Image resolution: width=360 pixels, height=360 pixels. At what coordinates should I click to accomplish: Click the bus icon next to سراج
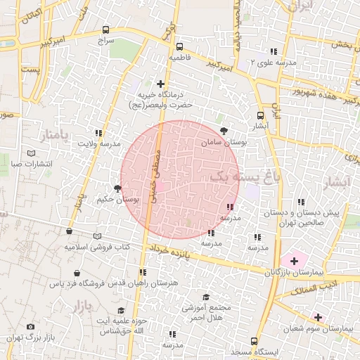(105, 30)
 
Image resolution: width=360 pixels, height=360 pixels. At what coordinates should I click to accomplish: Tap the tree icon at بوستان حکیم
(117, 188)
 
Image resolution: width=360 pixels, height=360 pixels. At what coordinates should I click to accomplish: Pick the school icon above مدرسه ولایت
(99, 132)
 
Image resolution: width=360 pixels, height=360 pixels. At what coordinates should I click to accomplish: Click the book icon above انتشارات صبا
(30, 153)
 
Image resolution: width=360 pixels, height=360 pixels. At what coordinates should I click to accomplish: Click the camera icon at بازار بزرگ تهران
(30, 327)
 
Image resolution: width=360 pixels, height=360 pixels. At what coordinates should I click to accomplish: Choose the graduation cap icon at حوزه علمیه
(121, 310)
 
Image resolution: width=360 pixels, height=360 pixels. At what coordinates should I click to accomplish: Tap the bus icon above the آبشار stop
(261, 115)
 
